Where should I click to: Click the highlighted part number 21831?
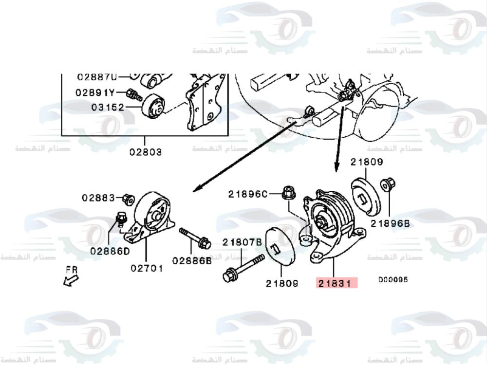pyautogui.click(x=337, y=283)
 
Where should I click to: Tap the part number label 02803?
pyautogui.click(x=146, y=152)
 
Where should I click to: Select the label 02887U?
pyautogui.click(x=97, y=77)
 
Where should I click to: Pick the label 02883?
pyautogui.click(x=98, y=198)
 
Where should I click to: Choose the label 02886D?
pyautogui.click(x=110, y=251)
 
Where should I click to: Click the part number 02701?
pyautogui.click(x=147, y=268)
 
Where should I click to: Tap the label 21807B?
pyautogui.click(x=243, y=242)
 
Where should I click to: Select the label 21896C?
pyautogui.click(x=248, y=194)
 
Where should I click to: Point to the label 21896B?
pyautogui.click(x=390, y=223)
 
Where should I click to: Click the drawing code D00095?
pyautogui.click(x=393, y=280)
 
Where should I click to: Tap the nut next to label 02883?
pyautogui.click(x=128, y=199)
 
